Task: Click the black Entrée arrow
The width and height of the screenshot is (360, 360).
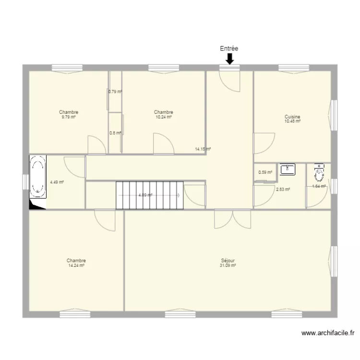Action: (x=229, y=59)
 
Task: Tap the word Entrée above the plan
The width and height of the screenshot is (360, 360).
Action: (x=229, y=48)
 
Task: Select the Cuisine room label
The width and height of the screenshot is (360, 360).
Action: (x=292, y=117)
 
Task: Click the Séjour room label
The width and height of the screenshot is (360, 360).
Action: (x=228, y=261)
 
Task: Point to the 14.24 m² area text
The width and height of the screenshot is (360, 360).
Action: (x=76, y=265)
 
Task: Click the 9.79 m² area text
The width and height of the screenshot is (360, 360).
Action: (x=69, y=117)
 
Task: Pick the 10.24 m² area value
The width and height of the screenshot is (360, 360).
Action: (x=164, y=117)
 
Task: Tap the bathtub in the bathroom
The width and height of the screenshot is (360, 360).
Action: (x=37, y=177)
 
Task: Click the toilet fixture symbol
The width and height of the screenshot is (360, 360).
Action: (x=319, y=173)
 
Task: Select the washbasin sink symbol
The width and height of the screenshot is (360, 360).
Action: (x=288, y=169)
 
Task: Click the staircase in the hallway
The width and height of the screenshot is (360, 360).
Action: (x=149, y=195)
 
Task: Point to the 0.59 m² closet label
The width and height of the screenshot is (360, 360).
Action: (x=265, y=172)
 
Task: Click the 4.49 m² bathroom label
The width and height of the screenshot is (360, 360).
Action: (x=57, y=182)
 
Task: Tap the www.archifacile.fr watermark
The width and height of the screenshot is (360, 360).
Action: (x=328, y=333)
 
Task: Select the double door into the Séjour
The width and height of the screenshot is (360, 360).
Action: (x=233, y=219)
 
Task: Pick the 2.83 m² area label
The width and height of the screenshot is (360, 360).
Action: (x=283, y=190)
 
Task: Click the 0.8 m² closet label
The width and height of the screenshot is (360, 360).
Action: (x=115, y=133)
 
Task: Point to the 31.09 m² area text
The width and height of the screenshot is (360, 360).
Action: (x=228, y=265)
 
